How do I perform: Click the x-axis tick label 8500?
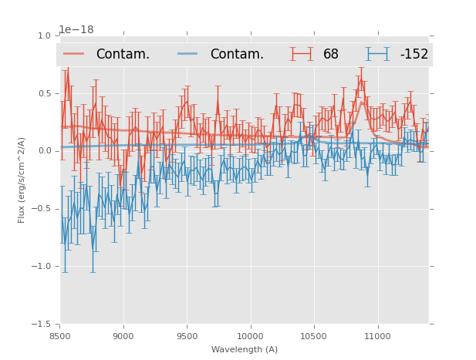click(x=60, y=336)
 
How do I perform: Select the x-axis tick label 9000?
click(x=123, y=336)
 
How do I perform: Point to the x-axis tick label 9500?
click(x=187, y=336)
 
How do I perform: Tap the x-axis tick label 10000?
click(x=250, y=336)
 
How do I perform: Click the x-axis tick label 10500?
click(x=313, y=336)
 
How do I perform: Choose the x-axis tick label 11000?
click(x=377, y=336)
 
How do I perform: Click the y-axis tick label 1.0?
click(x=44, y=35)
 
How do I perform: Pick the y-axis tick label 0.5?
click(x=44, y=93)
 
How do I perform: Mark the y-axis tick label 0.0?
click(x=44, y=151)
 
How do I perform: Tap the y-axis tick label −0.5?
click(x=42, y=209)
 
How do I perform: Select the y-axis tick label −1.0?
click(x=42, y=267)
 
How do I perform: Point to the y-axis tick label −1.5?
click(x=42, y=325)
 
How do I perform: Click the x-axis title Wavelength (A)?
click(x=245, y=349)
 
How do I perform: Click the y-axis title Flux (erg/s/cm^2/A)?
click(x=22, y=180)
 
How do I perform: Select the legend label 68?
click(x=331, y=54)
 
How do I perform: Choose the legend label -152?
click(x=414, y=54)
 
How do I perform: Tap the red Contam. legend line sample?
click(x=74, y=54)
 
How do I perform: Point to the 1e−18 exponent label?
click(x=76, y=29)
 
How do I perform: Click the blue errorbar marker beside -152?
click(x=377, y=54)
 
